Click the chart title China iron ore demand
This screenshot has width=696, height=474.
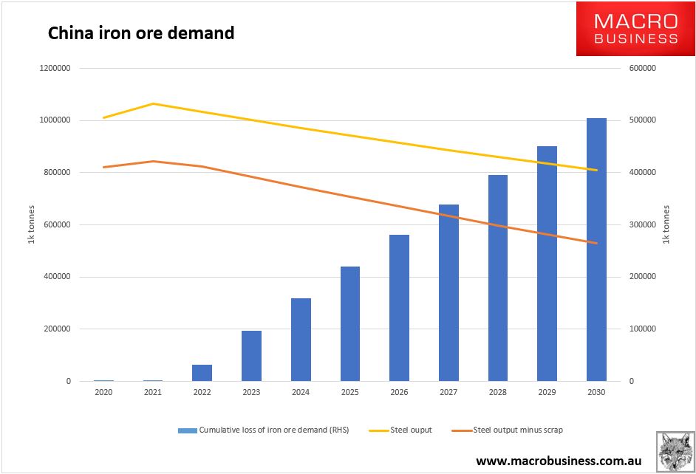point(141,33)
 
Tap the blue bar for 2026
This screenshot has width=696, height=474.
point(399,308)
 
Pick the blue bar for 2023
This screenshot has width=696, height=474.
point(251,356)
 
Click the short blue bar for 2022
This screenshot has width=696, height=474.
point(202,373)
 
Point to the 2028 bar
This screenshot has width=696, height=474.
point(498,278)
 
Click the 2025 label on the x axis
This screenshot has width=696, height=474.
point(349,392)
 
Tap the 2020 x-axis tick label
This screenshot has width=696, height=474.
point(103,392)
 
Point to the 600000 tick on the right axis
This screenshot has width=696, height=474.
point(642,68)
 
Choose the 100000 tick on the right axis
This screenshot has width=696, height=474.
point(642,329)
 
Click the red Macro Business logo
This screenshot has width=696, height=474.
point(635,30)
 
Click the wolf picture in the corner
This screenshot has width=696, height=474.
point(674,451)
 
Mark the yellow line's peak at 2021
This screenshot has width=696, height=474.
point(153,103)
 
